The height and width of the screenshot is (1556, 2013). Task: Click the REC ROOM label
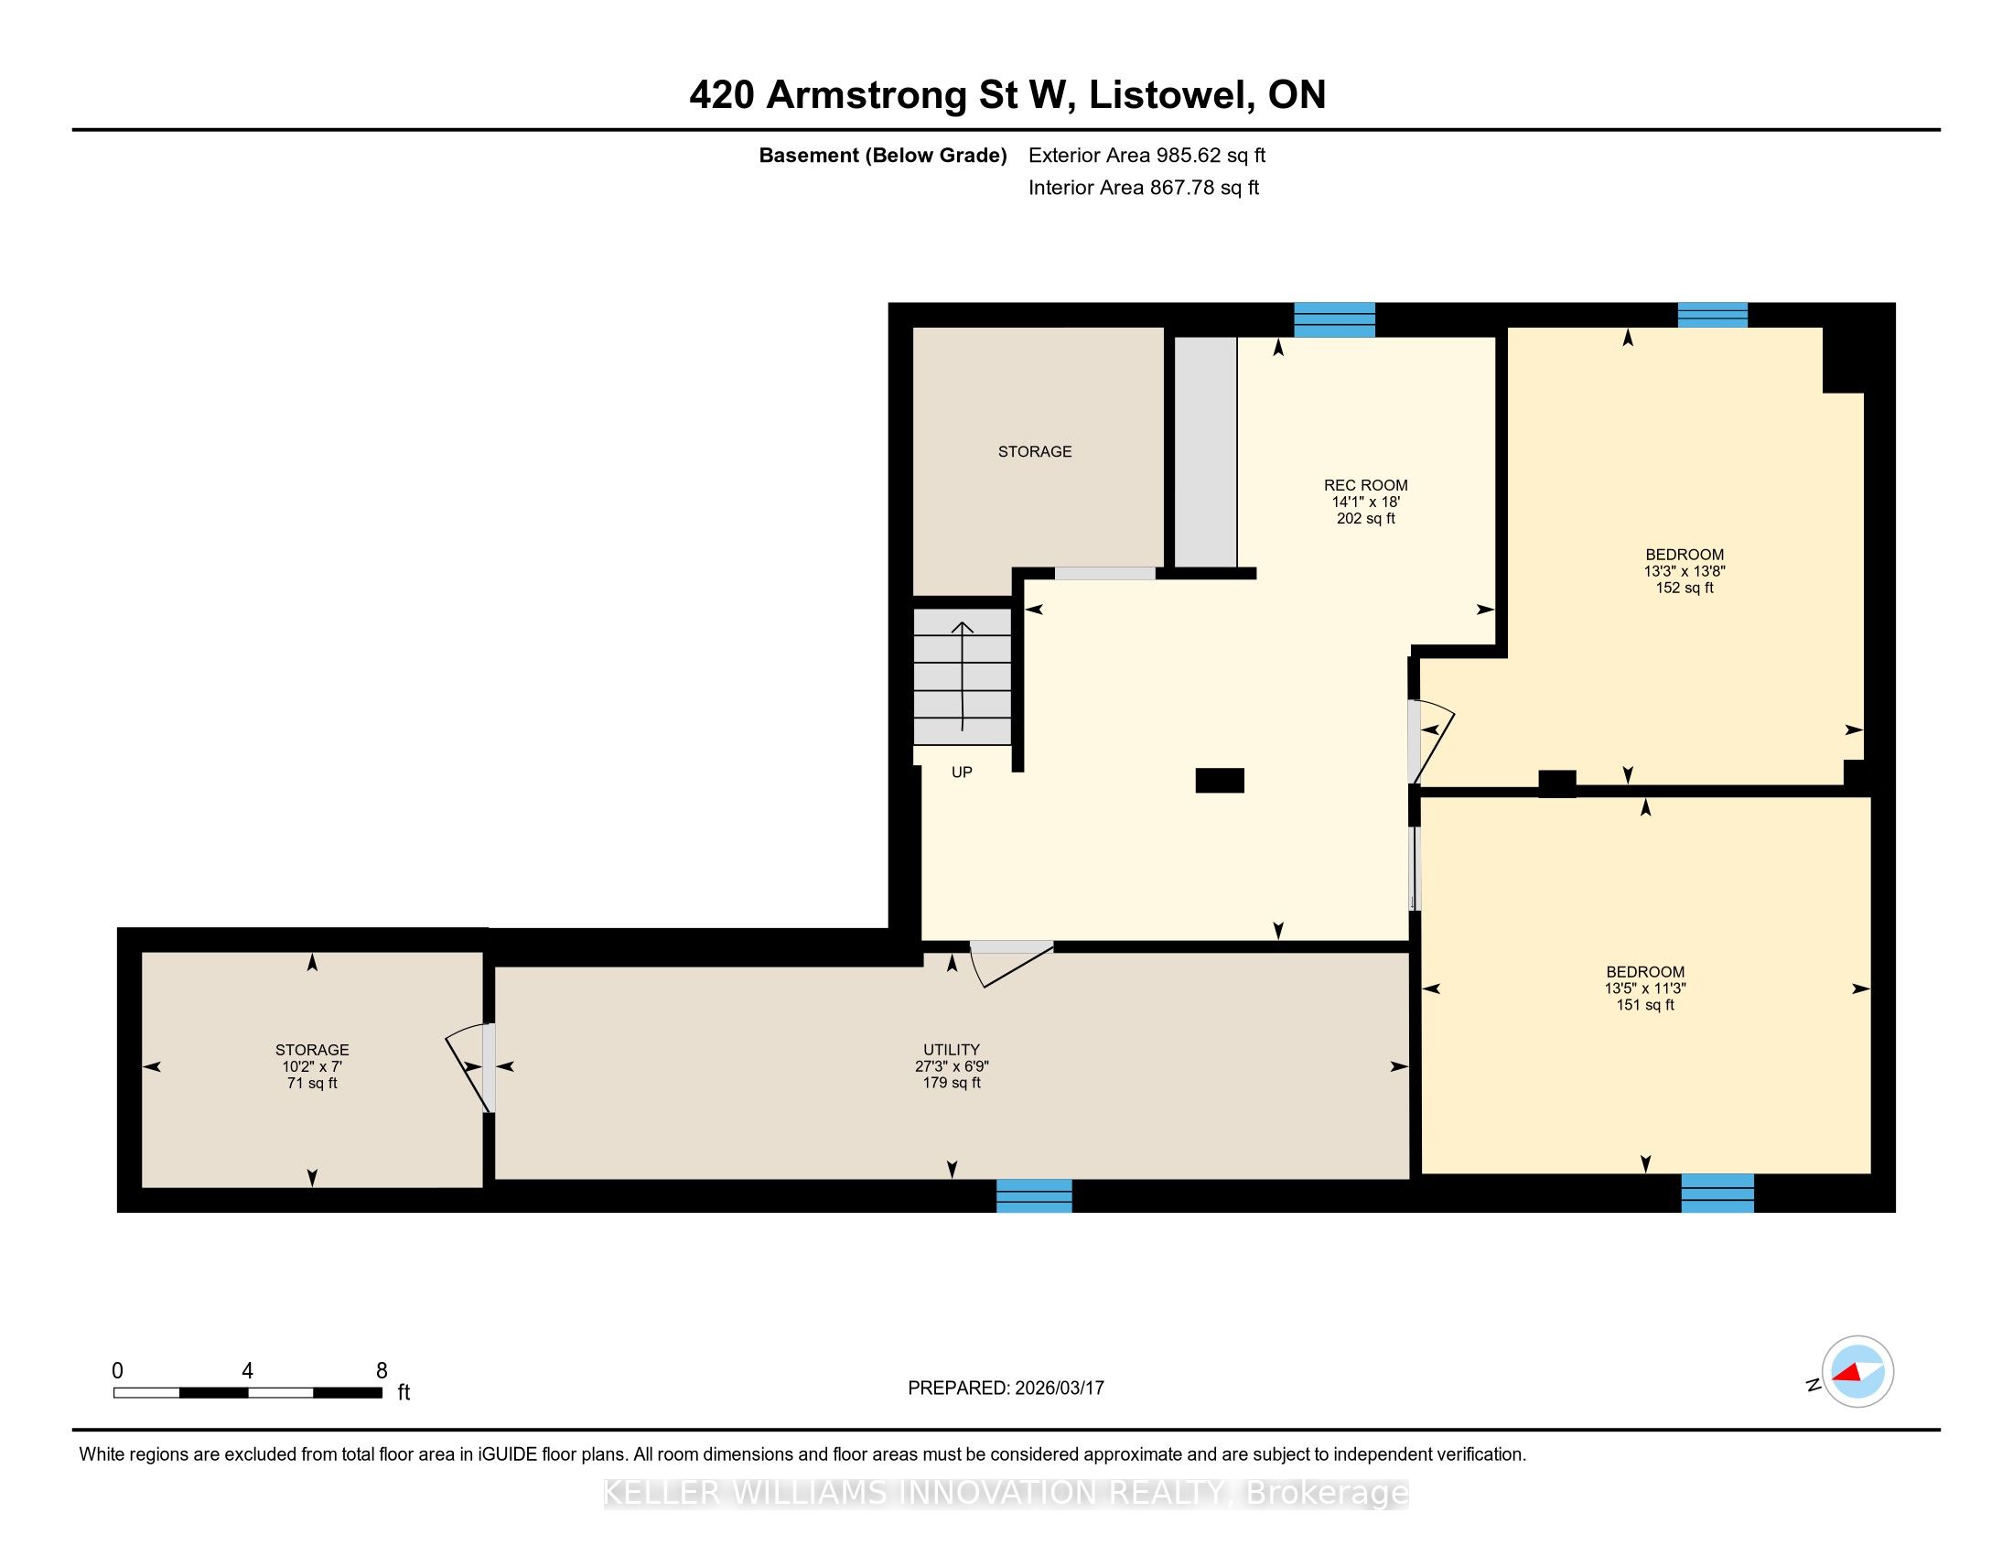click(x=1365, y=485)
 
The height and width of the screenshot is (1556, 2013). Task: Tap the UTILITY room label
click(x=952, y=1049)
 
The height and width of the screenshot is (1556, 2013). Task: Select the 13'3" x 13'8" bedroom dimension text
click(x=1684, y=570)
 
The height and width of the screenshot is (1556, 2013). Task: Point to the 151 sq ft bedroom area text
click(x=1645, y=1005)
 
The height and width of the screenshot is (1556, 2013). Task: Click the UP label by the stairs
click(x=962, y=772)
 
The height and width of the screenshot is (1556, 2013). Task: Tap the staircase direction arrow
click(x=963, y=675)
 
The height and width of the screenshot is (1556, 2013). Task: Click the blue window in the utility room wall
click(x=1034, y=1195)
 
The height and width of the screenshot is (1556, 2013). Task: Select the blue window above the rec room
click(x=1335, y=319)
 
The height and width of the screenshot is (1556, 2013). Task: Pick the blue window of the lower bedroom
click(x=1717, y=1193)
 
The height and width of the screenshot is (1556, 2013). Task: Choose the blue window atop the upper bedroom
click(x=1713, y=314)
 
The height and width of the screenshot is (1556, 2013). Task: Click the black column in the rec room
click(x=1220, y=781)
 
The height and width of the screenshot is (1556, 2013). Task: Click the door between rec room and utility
click(x=1011, y=962)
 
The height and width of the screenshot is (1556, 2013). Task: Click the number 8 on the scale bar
click(x=382, y=1371)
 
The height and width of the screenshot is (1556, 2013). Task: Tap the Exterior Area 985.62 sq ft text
click(x=1146, y=155)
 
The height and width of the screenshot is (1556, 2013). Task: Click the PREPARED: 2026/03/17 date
click(x=1006, y=1389)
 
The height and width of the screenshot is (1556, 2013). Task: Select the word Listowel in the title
click(x=1169, y=95)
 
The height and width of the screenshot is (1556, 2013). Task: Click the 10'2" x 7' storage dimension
click(x=312, y=1066)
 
